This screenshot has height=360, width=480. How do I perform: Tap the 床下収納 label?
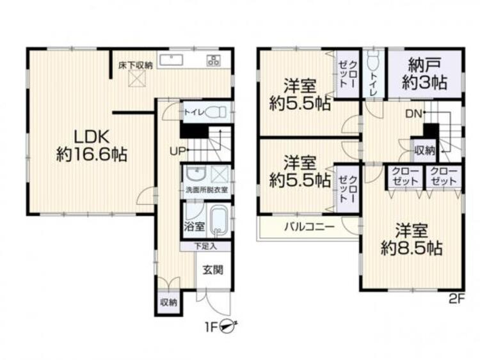pyautogui.click(x=135, y=65)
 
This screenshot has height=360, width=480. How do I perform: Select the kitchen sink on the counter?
pyautogui.click(x=171, y=61)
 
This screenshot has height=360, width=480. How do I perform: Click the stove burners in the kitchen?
pyautogui.click(x=213, y=61)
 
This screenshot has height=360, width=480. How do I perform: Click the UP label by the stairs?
pyautogui.click(x=178, y=152)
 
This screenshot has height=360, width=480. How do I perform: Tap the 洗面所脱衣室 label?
pyautogui.click(x=206, y=191)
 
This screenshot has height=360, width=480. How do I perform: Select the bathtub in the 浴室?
pyautogui.click(x=218, y=221)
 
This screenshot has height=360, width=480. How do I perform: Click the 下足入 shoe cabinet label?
pyautogui.click(x=207, y=246)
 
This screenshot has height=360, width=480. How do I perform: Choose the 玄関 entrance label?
pyautogui.click(x=213, y=270)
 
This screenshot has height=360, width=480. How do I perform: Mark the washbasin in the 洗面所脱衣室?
pyautogui.click(x=194, y=173)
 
